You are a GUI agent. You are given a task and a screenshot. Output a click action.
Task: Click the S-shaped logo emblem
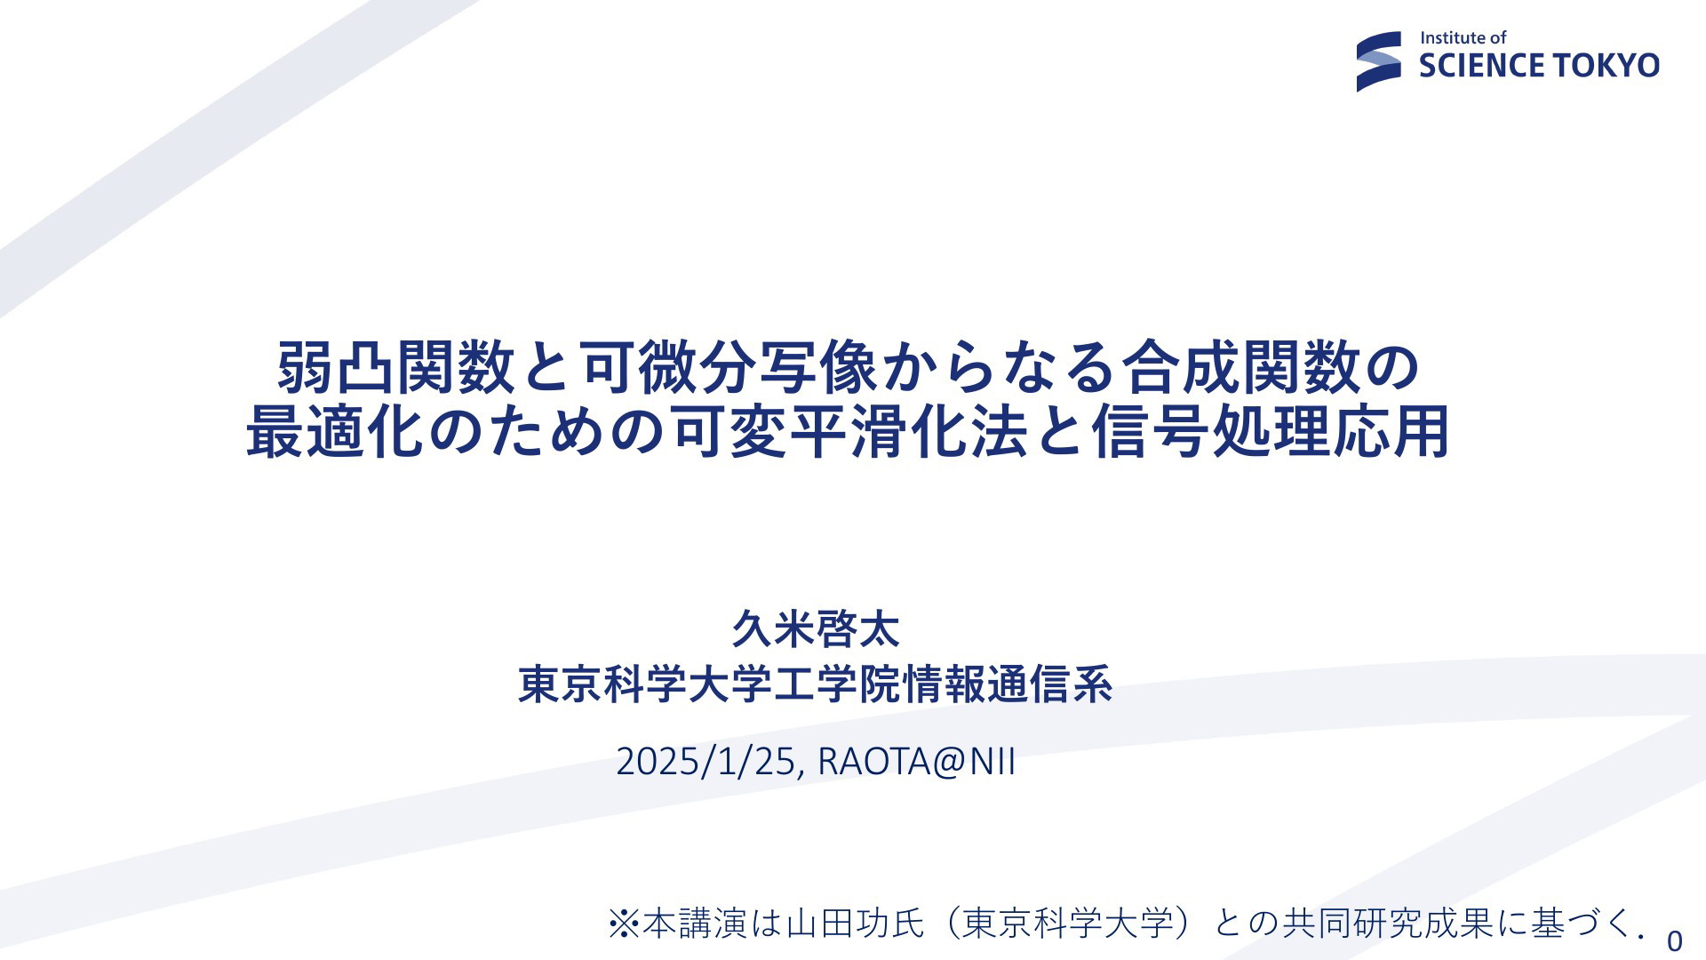tap(1378, 61)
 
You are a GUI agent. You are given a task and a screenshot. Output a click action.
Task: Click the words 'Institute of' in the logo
tap(1463, 37)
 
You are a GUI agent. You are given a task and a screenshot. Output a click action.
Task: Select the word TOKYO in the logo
tap(1606, 66)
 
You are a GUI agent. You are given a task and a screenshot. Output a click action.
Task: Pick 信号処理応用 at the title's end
tap(1271, 432)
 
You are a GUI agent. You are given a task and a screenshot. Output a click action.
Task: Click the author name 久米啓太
tap(816, 629)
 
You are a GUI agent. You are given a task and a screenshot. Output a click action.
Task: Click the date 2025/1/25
tap(707, 762)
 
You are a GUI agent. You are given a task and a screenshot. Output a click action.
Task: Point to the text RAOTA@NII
tap(916, 762)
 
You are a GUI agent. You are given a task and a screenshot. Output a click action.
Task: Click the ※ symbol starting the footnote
tap(624, 923)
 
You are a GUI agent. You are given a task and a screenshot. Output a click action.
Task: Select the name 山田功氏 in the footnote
tap(856, 923)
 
